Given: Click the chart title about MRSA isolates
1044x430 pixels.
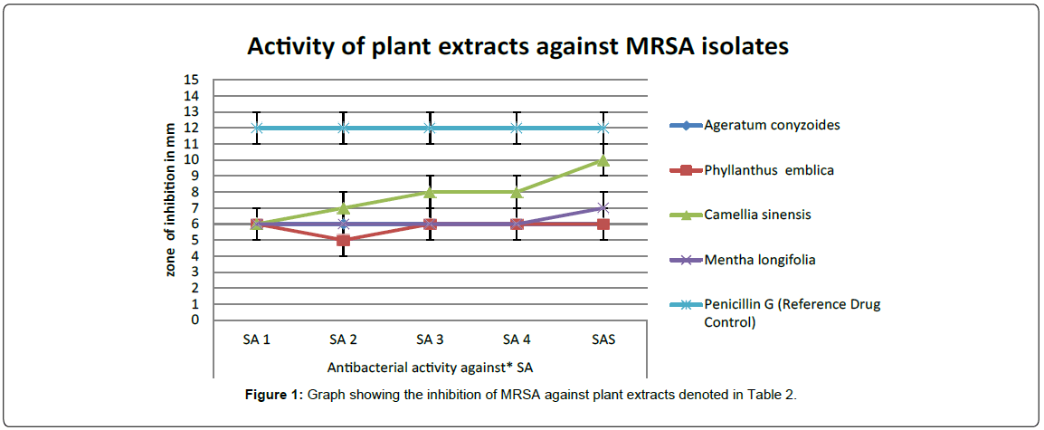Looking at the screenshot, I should (518, 46).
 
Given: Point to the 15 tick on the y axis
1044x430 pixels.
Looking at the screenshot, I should (191, 80).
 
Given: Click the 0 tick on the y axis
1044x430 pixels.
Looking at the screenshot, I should (195, 320).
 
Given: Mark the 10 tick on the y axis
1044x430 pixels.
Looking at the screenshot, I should (191, 160).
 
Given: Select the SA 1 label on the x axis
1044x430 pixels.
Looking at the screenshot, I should (256, 339).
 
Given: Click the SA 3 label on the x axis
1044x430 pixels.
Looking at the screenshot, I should (430, 339).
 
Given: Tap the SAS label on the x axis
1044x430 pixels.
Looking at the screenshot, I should (603, 339).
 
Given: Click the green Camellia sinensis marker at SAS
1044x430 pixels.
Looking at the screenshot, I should (603, 160).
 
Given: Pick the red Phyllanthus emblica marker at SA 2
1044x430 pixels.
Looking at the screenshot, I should (343, 240).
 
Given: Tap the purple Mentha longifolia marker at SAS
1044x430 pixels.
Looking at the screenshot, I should (603, 208).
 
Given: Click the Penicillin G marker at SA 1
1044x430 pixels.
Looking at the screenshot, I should (256, 128).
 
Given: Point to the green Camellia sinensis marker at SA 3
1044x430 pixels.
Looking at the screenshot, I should (430, 192).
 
